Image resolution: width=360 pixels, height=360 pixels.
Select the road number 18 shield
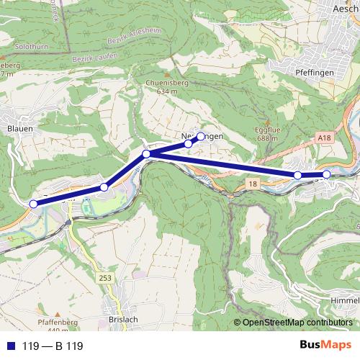pyautogui.click(x=252, y=186)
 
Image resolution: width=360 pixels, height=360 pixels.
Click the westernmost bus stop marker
pyautogui.click(x=33, y=204)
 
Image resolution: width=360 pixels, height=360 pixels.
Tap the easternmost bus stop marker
pyautogui.click(x=326, y=174)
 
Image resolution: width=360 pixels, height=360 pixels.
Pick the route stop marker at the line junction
pyautogui.click(x=146, y=154)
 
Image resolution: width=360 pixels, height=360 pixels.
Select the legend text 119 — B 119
pyautogui.click(x=53, y=346)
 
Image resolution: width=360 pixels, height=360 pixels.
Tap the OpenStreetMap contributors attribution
pyautogui.click(x=297, y=323)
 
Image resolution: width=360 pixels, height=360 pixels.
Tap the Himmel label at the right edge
pyautogui.click(x=343, y=299)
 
